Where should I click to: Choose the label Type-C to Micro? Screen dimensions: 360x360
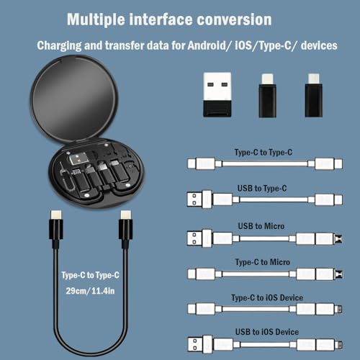tap(264, 262)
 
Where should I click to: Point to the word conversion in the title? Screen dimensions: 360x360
tap(235, 19)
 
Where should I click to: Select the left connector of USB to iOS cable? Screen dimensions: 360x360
tap(200, 344)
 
